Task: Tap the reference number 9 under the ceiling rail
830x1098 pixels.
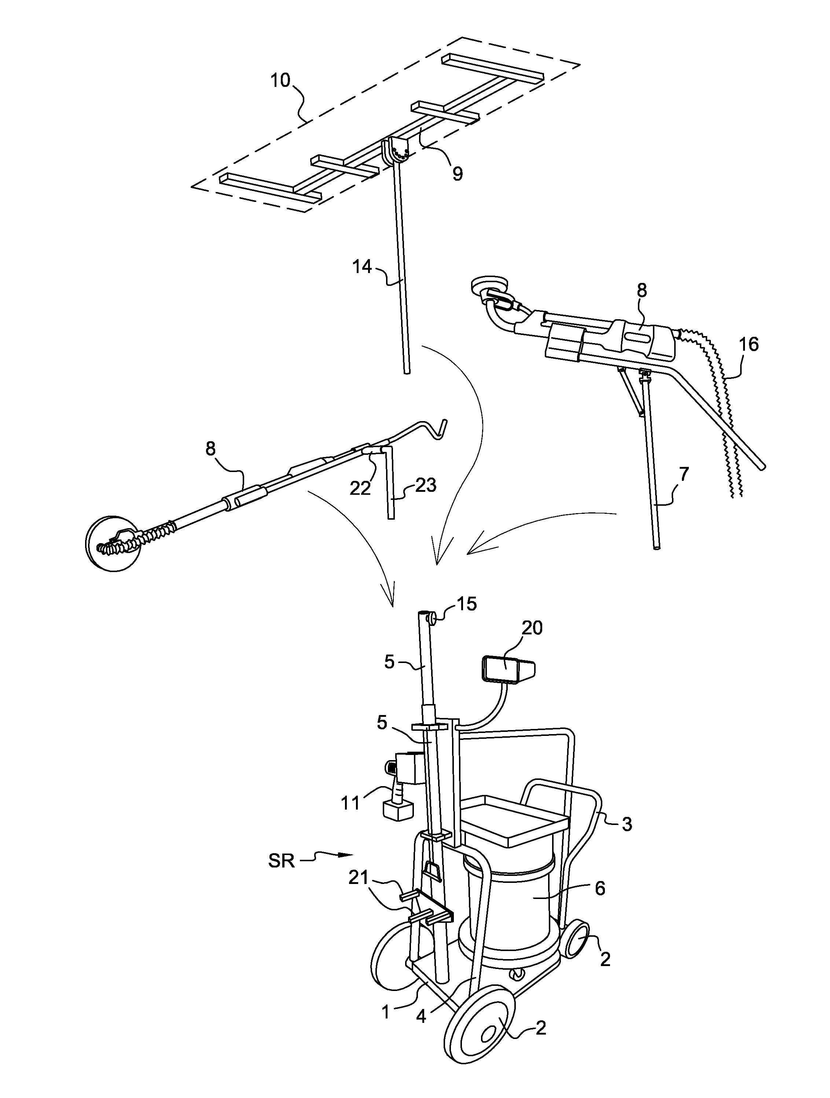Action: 457,174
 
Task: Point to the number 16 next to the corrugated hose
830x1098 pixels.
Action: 749,344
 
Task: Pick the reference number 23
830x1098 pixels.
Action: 425,485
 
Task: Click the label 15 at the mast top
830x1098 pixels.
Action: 466,604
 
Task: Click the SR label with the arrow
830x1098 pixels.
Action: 282,861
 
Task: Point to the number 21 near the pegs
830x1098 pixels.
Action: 359,878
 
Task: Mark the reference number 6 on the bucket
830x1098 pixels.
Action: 600,888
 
